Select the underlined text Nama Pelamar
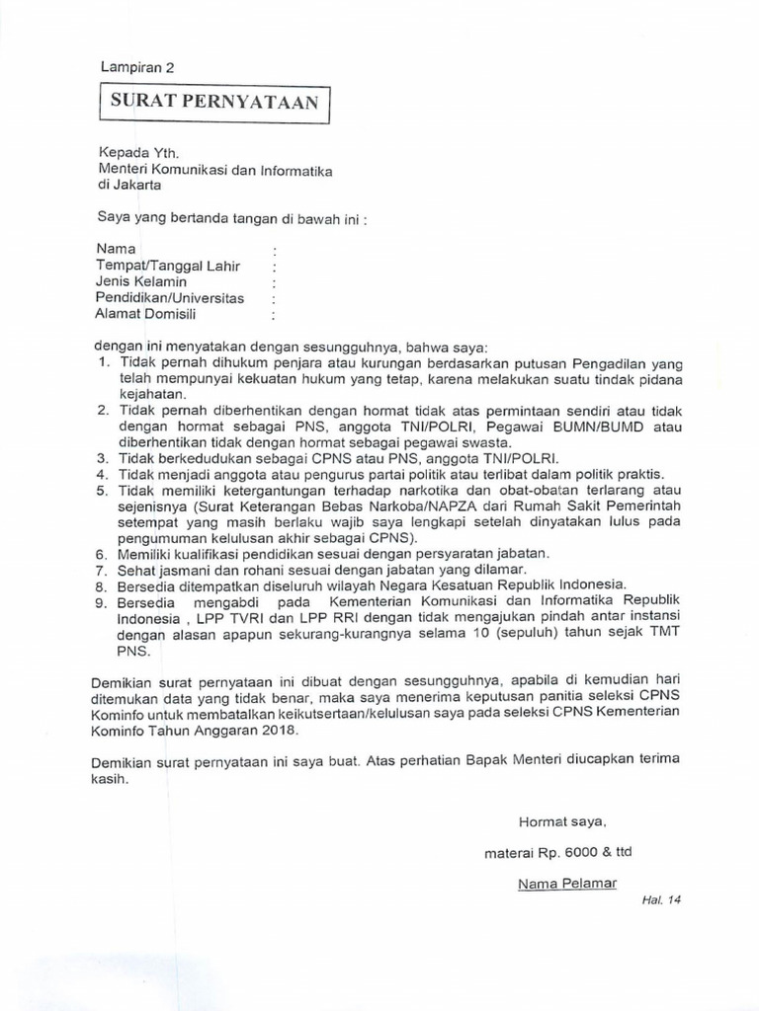coord(566,883)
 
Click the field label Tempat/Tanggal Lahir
coord(168,267)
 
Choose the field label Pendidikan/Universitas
coord(170,298)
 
